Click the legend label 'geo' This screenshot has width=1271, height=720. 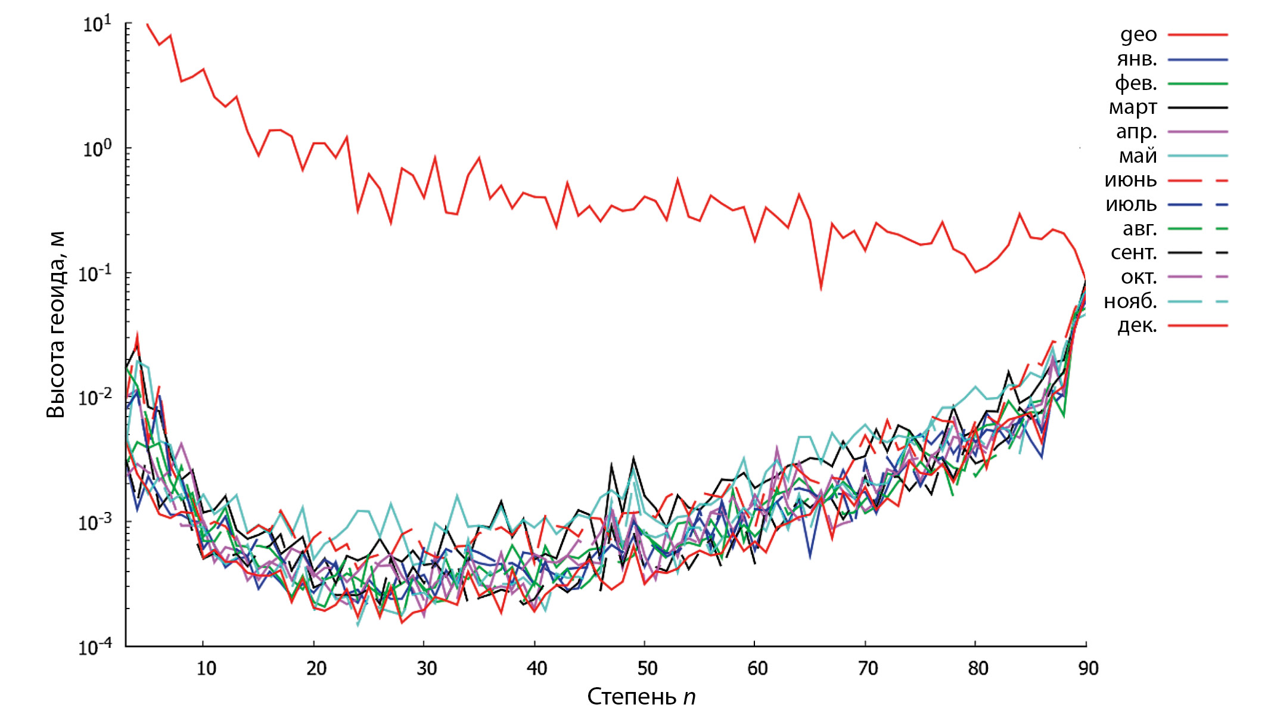pyautogui.click(x=1138, y=35)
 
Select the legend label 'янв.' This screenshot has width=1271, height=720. pyautogui.click(x=1136, y=60)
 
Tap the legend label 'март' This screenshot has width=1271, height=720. pyautogui.click(x=1132, y=108)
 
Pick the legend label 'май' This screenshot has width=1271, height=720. pyautogui.click(x=1138, y=156)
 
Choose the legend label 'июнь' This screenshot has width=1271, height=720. pyautogui.click(x=1130, y=180)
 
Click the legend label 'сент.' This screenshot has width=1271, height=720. pyautogui.click(x=1133, y=253)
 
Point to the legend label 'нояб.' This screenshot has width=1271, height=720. pyautogui.click(x=1130, y=302)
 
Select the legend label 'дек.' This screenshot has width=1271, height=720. pyautogui.click(x=1137, y=326)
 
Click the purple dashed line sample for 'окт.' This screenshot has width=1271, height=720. pyautogui.click(x=1198, y=277)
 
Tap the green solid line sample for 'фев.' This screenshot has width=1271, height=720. pyautogui.click(x=1198, y=84)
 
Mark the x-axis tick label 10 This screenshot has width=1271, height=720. pyautogui.click(x=206, y=668)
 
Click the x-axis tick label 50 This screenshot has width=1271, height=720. pyautogui.click(x=647, y=668)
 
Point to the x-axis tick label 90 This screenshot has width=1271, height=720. pyautogui.click(x=1088, y=668)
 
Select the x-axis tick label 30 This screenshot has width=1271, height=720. pyautogui.click(x=427, y=668)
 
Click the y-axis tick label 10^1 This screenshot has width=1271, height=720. pyautogui.click(x=97, y=24)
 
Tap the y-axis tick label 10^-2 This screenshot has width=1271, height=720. pyautogui.click(x=95, y=397)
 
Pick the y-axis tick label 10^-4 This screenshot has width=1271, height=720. pyautogui.click(x=95, y=646)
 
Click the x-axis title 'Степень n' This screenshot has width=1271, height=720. pyautogui.click(x=641, y=697)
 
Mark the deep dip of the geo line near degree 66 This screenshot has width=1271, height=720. pyautogui.click(x=821, y=288)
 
